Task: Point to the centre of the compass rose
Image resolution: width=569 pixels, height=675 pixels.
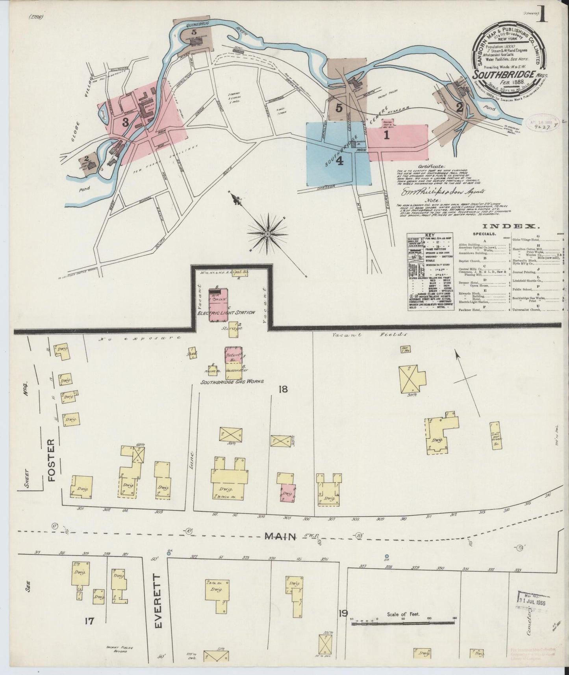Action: (267, 234)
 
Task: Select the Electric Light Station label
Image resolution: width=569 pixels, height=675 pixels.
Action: (226, 312)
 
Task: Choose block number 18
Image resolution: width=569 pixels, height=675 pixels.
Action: (283, 389)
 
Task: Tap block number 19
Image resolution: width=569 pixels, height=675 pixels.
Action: (343, 613)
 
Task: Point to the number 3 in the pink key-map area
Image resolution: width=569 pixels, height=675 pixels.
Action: (125, 122)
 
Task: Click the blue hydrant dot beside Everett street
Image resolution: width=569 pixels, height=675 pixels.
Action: (169, 553)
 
